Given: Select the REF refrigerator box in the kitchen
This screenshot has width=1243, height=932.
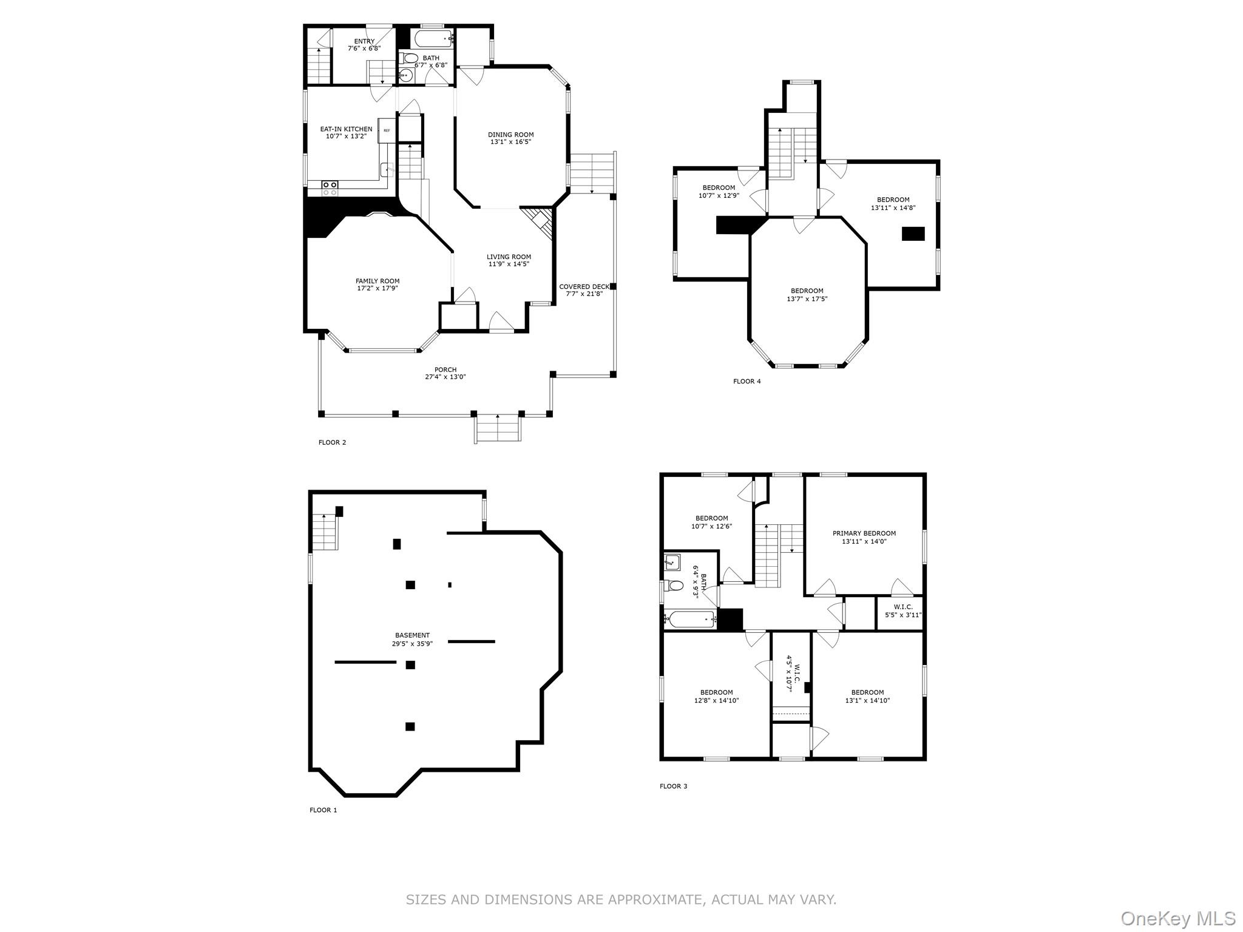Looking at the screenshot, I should [x=386, y=130].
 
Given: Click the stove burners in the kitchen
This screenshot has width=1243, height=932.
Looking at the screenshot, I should [x=330, y=188].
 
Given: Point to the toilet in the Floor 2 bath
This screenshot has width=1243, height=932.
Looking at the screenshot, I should [x=411, y=58].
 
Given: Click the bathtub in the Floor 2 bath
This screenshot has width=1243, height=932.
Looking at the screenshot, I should [x=432, y=39].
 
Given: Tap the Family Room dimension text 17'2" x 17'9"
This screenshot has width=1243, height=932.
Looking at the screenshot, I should [x=377, y=288].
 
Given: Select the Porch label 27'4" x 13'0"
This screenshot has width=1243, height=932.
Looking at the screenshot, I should [x=445, y=373].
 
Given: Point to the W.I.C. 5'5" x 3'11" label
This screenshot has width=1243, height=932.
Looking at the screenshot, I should [x=903, y=610].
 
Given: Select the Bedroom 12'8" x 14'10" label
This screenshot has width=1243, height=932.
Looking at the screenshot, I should [x=716, y=696].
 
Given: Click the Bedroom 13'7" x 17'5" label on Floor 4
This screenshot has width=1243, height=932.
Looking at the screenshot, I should [x=807, y=294].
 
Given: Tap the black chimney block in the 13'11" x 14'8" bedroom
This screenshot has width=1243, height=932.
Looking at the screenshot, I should [x=913, y=234].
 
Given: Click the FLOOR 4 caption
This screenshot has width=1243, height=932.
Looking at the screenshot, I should [x=747, y=381].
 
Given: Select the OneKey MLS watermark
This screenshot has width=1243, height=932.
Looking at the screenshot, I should [x=1177, y=918].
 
